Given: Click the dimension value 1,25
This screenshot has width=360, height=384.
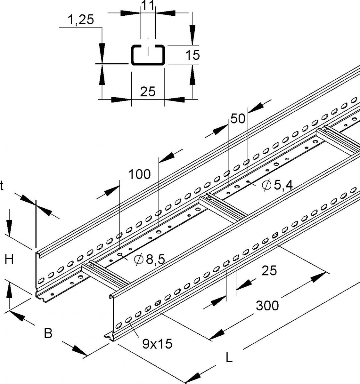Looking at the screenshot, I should coord(80,20).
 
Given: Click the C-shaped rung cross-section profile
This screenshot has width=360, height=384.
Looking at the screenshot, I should coord(148,55).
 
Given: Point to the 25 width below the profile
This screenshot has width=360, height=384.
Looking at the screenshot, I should coord(148,92).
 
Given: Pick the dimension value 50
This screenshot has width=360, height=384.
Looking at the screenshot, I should coord(238,119).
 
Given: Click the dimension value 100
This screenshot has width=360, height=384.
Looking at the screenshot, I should coord(139,174).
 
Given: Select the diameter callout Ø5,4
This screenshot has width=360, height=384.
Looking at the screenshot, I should coord(277,185).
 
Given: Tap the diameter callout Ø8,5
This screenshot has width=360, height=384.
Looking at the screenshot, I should coord(149,260).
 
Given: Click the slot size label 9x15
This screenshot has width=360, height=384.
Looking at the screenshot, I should coord(157,344).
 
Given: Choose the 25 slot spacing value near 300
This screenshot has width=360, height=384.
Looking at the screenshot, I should coord(269,271).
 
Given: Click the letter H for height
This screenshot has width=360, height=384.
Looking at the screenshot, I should coord(9,260).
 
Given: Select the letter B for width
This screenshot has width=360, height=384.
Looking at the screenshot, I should coord(48,334).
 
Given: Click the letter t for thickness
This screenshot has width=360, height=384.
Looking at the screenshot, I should coord(2,186).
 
